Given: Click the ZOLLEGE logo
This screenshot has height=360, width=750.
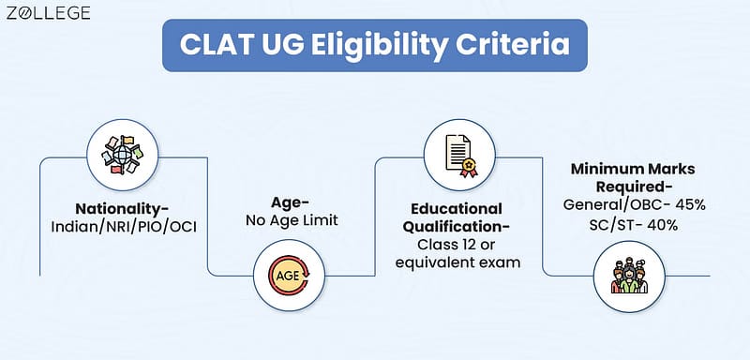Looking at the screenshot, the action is (49, 13).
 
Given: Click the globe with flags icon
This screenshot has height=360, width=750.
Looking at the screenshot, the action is (123, 155).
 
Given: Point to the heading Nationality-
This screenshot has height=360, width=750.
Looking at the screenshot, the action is (123, 209).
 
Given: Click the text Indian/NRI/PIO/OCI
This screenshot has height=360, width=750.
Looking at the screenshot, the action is (124, 227).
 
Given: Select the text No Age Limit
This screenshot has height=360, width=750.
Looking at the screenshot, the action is (292, 220).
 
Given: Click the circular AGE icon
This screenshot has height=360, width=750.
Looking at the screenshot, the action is (289, 276).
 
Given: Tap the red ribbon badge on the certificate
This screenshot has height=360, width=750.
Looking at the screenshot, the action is (468, 167).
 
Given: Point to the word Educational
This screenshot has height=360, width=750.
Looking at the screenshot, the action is (457, 209).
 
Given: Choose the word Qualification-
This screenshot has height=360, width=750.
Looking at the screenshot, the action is (457, 226).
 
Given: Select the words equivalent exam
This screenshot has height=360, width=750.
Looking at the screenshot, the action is (457, 262).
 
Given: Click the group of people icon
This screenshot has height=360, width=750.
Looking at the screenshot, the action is (629, 277).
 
